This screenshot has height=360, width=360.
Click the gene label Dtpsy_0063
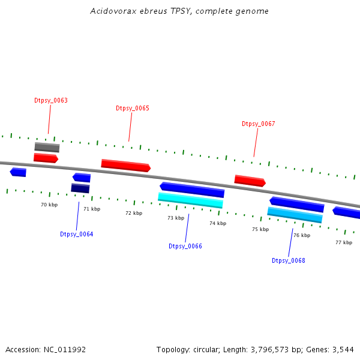(x=51, y=100)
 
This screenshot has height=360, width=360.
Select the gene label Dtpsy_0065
(x=133, y=108)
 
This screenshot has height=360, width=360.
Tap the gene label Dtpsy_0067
(x=259, y=124)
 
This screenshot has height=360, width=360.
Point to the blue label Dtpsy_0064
(x=77, y=234)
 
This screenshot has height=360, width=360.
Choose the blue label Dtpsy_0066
(x=185, y=246)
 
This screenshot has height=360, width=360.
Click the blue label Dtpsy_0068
(x=289, y=260)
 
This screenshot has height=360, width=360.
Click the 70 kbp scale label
(x=49, y=205)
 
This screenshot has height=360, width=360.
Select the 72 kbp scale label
(x=134, y=213)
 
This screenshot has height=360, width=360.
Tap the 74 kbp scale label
(x=218, y=223)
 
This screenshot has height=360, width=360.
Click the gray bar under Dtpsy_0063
(x=47, y=147)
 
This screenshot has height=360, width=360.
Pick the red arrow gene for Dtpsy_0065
(x=125, y=165)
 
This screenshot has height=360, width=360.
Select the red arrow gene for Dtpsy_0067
(x=250, y=181)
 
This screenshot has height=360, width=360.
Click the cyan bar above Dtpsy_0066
(x=190, y=200)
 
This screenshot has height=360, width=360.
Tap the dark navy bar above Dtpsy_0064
(x=80, y=188)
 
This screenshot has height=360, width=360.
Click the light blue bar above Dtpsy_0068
(x=295, y=215)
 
